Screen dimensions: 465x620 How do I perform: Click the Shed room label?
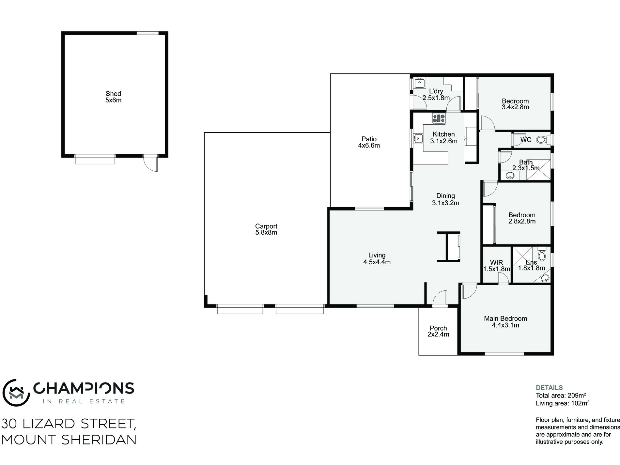[x=113, y=94]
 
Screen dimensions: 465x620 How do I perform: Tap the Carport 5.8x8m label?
[x=266, y=229]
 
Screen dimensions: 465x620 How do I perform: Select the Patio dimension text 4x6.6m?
[x=369, y=146]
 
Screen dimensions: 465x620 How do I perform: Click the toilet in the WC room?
[x=541, y=140]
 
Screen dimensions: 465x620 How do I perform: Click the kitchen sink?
[x=418, y=138]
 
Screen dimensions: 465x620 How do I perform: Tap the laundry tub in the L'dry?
[x=419, y=83]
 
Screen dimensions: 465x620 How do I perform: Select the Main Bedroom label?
[x=505, y=318]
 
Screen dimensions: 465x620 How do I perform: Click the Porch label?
[x=438, y=328]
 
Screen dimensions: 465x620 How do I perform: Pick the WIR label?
[x=496, y=262]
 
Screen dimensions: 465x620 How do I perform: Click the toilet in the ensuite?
[x=542, y=255]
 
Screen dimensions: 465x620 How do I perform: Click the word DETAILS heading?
[x=549, y=388]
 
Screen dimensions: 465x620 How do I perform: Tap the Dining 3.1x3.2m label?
[x=445, y=199]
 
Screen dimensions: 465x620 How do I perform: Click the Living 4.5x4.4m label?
[x=377, y=258]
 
